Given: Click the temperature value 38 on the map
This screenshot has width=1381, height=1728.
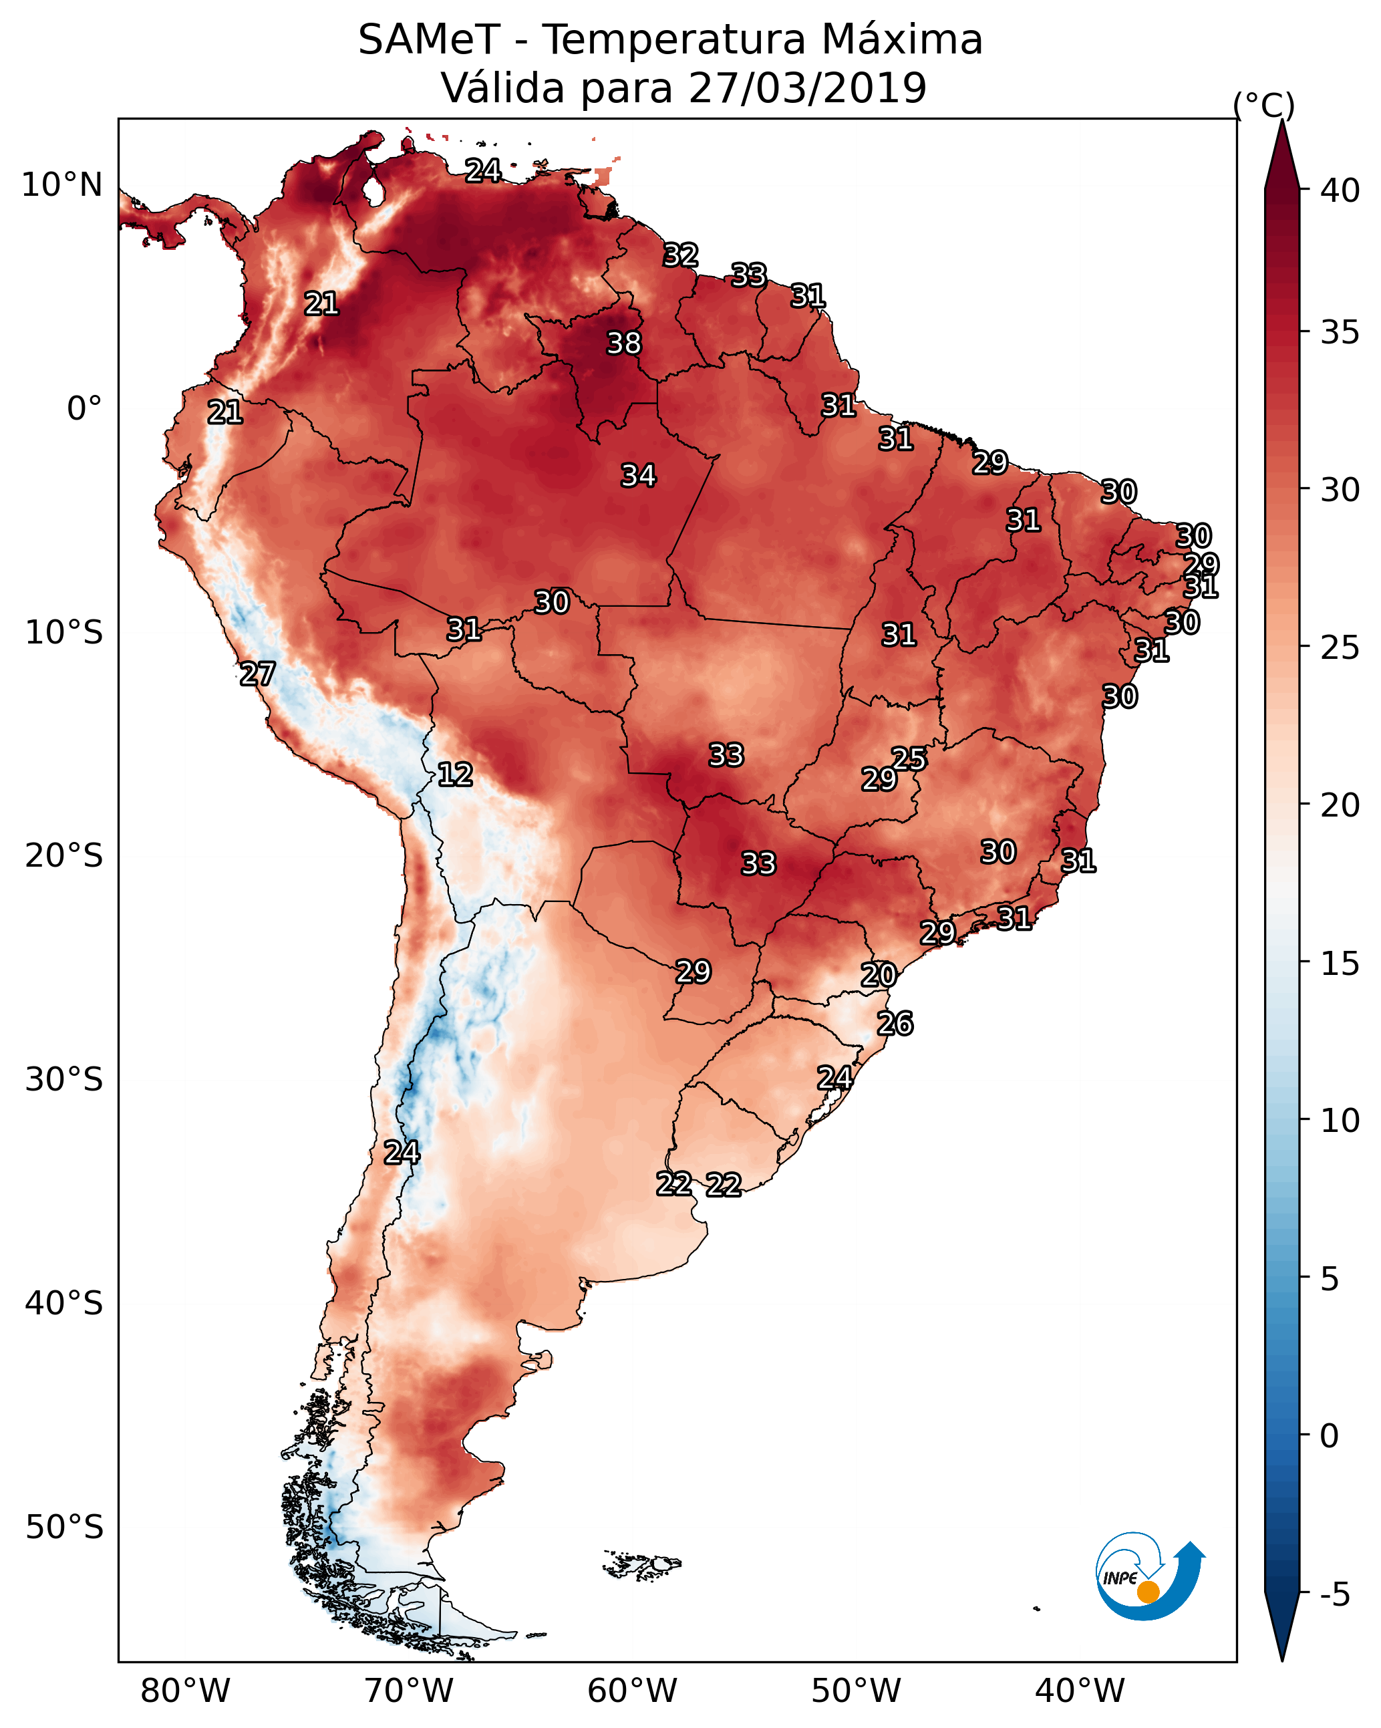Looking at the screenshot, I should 623,343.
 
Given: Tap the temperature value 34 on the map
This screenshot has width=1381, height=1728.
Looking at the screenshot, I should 638,475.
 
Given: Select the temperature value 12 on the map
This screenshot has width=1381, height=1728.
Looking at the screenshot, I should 454,774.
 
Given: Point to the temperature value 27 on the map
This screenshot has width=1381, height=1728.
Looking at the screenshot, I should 257,674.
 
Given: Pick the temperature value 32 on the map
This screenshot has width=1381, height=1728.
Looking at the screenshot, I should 681,255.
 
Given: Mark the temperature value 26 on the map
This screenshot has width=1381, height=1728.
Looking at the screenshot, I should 895,1024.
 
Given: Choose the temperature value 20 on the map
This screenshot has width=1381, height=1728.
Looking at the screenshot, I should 879,975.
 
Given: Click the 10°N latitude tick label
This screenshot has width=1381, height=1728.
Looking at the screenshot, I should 61,185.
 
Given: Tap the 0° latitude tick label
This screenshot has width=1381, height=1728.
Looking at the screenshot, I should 84,409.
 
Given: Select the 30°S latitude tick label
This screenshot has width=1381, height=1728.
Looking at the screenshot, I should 64,1080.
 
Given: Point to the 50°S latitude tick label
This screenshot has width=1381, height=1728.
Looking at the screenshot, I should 64,1527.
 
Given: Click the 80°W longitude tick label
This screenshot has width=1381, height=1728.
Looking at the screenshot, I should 185,1691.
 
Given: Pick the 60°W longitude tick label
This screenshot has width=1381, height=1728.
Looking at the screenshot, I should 633,1691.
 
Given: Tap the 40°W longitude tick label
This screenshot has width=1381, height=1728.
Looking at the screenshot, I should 1080,1691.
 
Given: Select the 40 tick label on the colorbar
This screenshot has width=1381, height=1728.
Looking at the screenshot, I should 1340,190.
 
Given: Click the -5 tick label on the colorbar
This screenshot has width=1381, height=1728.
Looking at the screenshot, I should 1336,1595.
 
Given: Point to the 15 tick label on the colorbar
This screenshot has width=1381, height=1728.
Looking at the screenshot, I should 1340,964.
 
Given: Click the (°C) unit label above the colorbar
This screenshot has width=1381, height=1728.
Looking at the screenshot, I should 1264,105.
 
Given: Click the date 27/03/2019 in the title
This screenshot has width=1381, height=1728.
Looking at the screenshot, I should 807,88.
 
